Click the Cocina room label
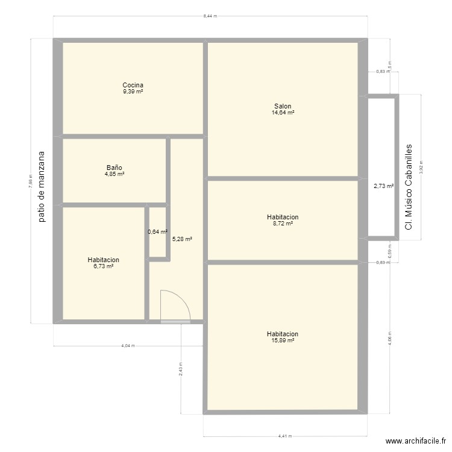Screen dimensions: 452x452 coord(133,85)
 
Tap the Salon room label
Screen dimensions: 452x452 coord(282,106)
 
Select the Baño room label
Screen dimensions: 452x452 coord(115,168)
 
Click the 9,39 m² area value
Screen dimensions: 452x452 coord(133,92)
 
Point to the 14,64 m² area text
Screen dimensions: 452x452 coord(282,113)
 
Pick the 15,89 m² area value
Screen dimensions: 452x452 coord(282,341)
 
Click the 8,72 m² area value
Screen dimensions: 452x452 coord(282,224)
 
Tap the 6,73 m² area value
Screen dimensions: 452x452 coord(103,266)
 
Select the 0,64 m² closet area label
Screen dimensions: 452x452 coord(157,231)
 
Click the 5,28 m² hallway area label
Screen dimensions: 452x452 coord(182,239)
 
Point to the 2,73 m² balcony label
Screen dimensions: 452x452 coord(383,187)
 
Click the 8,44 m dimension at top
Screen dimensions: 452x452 coord(210,16)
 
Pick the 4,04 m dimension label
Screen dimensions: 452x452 coord(128,346)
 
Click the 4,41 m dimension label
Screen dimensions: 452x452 coord(285,436)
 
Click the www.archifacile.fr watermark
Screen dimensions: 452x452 coord(415,441)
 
